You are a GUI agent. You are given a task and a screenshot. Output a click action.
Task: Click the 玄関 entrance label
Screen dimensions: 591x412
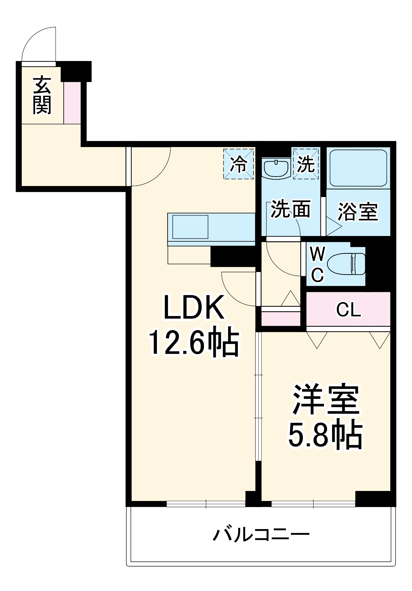point(42,95)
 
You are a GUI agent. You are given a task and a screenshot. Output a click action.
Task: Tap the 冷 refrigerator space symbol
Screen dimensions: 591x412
point(239,164)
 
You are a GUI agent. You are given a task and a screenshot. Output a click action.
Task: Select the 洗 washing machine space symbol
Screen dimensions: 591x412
point(306,164)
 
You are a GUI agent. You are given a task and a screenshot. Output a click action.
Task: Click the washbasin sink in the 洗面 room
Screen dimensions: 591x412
point(276,168)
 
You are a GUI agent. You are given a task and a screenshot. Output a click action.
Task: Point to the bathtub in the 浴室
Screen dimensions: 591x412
point(358,168)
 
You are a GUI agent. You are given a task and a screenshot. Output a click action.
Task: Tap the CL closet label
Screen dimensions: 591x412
point(348,310)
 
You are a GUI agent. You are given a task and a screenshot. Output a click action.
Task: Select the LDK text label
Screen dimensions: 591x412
point(194,307)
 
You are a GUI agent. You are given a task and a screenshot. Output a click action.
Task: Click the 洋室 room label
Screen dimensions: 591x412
point(326,399)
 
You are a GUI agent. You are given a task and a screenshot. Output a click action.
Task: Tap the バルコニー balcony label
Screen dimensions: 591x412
point(261,535)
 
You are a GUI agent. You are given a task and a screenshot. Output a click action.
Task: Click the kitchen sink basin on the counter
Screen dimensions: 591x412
point(190,227)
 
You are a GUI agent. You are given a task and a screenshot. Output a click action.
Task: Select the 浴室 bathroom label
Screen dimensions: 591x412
point(358,212)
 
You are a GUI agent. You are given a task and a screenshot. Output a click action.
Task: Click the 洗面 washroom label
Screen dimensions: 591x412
point(290,209)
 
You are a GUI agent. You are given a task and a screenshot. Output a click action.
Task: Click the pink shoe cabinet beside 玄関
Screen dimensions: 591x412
point(72,103)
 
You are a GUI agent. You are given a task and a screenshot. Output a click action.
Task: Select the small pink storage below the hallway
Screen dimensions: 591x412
point(280,318)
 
